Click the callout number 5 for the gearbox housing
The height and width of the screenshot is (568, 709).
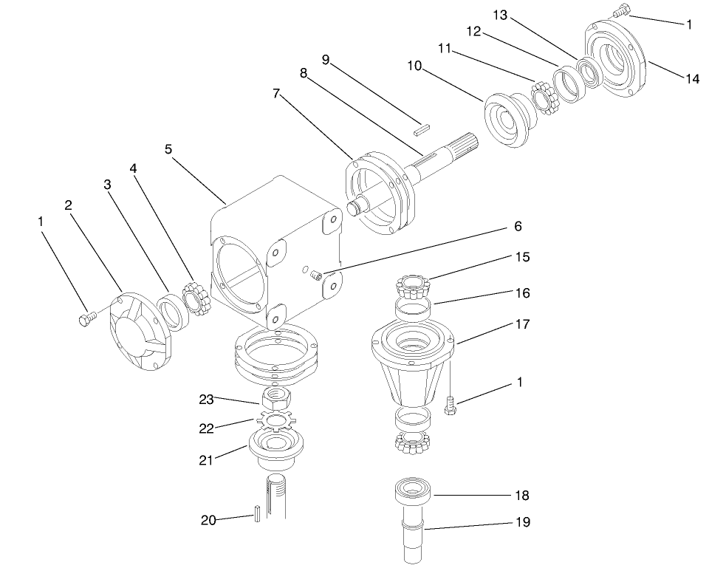coord(168,149)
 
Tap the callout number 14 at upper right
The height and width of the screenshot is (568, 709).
coord(692,79)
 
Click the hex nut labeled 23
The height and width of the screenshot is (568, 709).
coord(278,400)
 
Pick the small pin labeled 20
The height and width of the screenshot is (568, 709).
coord(256,513)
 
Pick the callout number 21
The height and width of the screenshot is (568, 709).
coord(206,459)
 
